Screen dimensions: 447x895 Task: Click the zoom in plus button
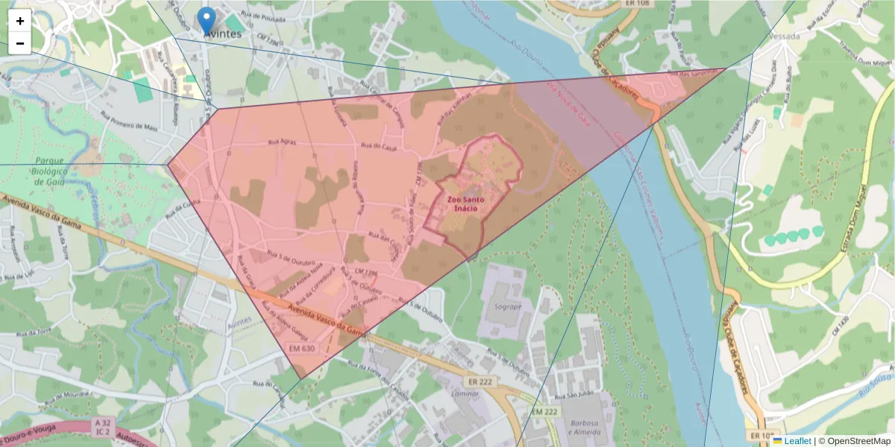20,21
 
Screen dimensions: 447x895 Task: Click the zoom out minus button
20,43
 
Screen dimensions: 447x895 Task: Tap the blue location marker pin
207,20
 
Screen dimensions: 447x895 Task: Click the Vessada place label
773,35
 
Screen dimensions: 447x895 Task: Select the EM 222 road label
545,411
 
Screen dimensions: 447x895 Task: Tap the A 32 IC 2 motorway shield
103,426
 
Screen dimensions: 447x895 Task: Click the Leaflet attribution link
797,441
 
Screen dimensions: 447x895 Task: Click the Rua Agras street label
282,143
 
